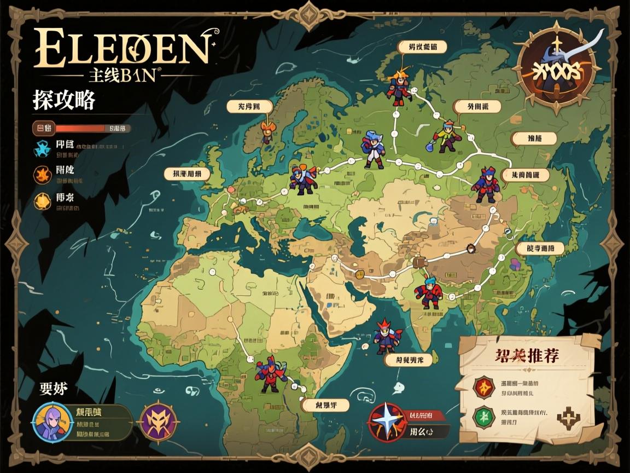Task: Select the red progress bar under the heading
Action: click(x=79, y=128)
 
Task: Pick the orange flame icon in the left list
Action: click(x=42, y=175)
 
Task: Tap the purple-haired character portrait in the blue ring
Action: click(x=52, y=422)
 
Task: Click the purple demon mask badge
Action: click(x=157, y=422)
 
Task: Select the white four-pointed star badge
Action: click(x=387, y=422)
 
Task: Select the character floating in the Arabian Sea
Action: click(x=388, y=336)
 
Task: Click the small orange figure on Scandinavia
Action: click(x=267, y=132)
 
